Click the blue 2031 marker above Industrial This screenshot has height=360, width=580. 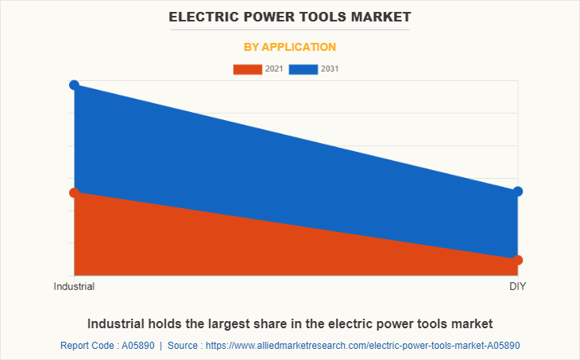point(74,85)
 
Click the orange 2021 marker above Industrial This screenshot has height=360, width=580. point(74,192)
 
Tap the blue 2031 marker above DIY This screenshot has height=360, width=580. point(518,192)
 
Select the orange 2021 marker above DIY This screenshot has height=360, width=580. point(518,260)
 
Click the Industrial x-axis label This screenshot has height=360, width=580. point(74,286)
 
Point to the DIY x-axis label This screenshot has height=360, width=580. point(518,286)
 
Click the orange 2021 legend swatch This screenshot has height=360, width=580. point(247,69)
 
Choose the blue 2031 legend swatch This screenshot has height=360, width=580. point(304,69)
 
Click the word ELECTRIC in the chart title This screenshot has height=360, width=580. point(205,16)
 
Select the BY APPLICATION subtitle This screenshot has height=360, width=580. point(290,47)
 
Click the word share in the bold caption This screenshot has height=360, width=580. point(259,323)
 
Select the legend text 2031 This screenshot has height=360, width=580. point(330,69)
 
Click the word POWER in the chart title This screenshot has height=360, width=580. point(267,16)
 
